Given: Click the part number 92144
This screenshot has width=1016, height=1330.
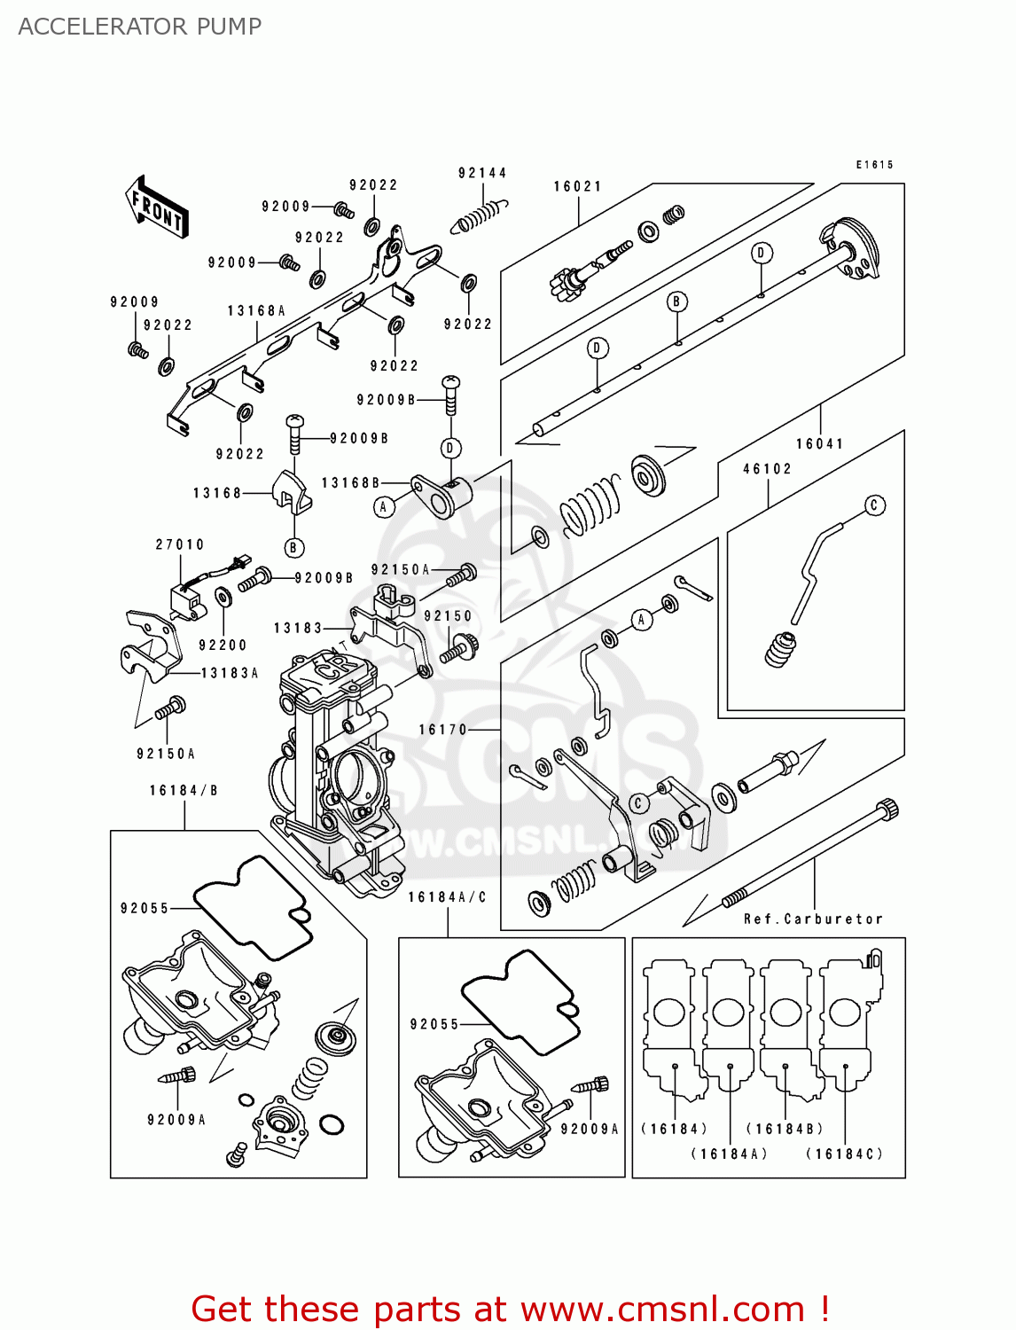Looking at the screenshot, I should (482, 173).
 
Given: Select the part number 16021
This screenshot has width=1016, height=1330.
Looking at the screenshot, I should (578, 186).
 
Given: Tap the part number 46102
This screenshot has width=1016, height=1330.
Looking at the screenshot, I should (767, 468).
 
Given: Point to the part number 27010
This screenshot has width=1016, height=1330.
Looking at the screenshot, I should (180, 544).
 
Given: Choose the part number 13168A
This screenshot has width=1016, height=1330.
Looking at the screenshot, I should (256, 311).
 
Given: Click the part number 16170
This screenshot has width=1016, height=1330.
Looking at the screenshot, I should (442, 730).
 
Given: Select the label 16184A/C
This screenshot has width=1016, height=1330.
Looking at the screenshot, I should (448, 897).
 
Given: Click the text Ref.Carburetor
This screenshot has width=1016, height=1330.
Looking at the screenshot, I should (813, 919).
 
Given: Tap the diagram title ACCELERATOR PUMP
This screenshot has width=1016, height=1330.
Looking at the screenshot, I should (140, 27).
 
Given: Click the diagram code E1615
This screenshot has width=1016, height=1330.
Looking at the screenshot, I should (874, 165).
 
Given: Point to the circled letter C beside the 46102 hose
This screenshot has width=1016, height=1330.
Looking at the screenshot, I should (875, 505).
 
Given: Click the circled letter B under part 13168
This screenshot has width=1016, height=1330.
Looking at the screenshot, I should (293, 548).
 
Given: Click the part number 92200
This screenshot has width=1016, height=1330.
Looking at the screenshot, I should (223, 645).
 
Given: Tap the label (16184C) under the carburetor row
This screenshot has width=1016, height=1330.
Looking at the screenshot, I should (844, 1154).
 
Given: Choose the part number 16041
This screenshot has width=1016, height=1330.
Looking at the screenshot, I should (819, 443).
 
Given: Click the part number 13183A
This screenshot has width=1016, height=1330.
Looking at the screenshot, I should (230, 673).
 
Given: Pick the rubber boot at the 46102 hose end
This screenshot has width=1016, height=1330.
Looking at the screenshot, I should (779, 650).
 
